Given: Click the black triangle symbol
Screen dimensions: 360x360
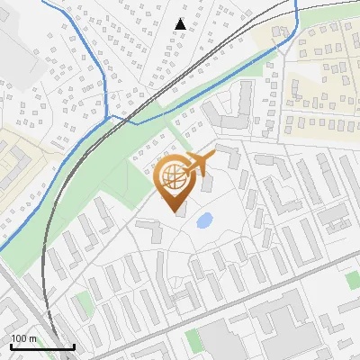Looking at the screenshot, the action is coord(182,24).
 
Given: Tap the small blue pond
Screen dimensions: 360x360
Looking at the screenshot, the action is coord(204,219).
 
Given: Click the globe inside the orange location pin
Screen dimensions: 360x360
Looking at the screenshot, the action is coord(173,177).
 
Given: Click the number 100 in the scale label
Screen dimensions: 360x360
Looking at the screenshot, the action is coord(19,338).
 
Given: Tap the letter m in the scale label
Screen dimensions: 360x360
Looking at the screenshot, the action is coord(33,338).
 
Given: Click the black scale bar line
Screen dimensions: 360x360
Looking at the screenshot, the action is coord(41,346).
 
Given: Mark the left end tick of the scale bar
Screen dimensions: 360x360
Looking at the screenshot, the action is coord(10,345).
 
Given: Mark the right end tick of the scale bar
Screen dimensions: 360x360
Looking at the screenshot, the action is coord(74,345).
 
